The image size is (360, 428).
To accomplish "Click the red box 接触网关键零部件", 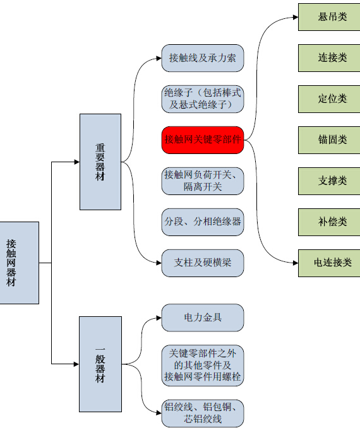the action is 202,140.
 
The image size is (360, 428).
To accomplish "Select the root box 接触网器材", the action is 19,263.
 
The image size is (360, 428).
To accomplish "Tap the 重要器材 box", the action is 100,162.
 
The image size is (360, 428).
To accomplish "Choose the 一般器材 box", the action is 100,364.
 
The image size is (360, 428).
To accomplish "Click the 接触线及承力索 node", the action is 202,58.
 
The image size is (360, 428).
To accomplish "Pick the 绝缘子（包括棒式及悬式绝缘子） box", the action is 202,99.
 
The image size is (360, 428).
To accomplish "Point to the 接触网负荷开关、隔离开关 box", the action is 202,181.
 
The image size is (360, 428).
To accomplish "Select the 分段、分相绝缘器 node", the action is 202,222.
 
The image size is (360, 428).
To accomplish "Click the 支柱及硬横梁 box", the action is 202,263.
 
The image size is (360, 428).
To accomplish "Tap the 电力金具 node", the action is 202,318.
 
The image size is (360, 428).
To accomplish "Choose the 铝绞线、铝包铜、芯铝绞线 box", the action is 202,413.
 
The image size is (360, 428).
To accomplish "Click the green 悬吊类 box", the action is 329,17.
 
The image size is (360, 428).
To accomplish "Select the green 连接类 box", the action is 329,58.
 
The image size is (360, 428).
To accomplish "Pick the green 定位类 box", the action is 329,99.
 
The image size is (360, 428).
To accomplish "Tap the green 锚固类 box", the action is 329,140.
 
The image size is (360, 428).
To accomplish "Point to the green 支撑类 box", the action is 329,181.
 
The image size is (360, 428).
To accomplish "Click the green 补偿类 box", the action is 329,222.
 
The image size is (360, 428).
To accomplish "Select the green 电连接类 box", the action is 329,263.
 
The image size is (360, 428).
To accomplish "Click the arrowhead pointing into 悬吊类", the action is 296,17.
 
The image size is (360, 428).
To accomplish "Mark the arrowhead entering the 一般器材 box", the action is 76,364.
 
